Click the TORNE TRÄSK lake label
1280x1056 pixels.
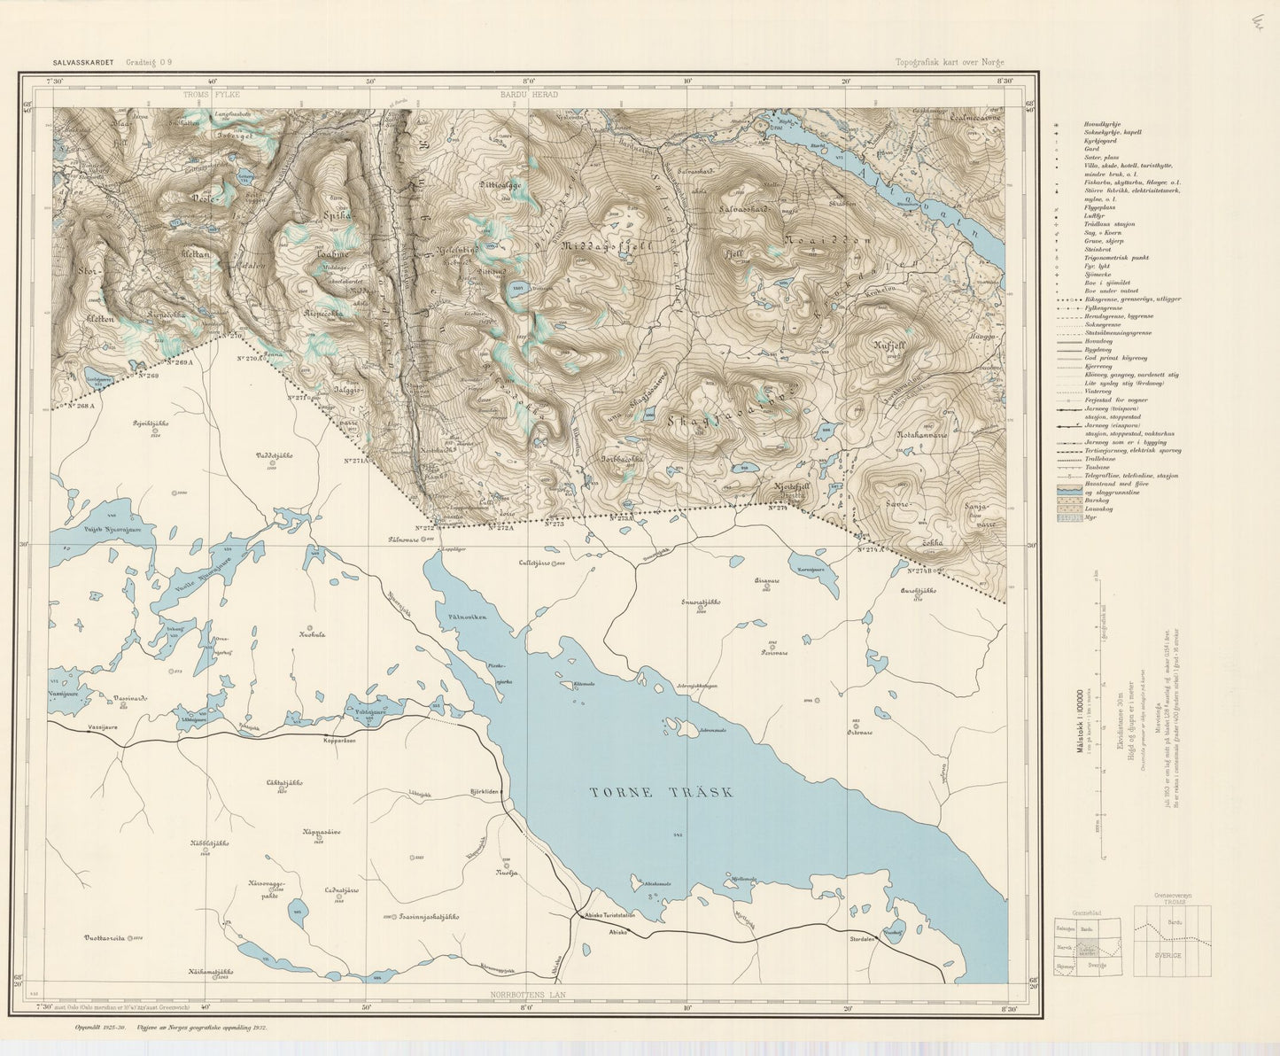click(662, 793)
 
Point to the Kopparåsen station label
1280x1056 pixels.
click(339, 741)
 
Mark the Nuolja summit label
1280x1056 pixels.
click(507, 873)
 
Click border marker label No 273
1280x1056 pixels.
click(555, 524)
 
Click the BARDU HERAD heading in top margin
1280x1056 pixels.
click(529, 94)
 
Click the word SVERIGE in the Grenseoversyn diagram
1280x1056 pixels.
click(1175, 956)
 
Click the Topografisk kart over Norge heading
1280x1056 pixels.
click(950, 63)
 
